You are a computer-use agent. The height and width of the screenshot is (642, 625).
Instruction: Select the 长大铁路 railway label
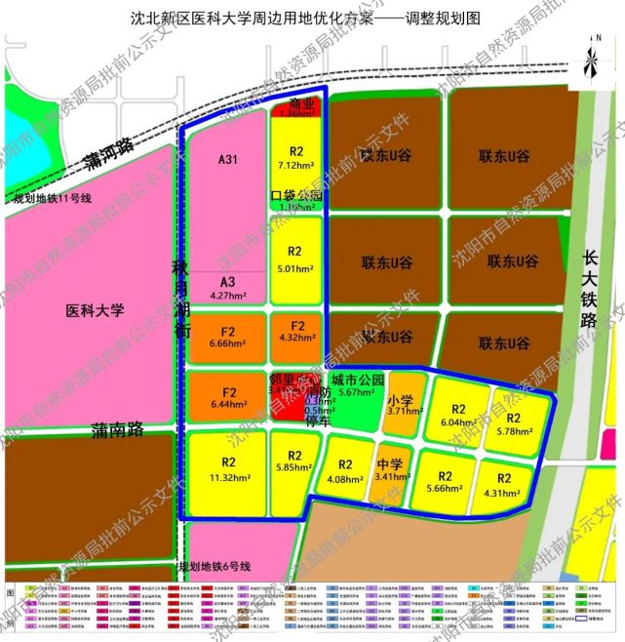[x=589, y=293]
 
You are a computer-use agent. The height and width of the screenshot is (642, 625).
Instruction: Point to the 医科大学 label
[x=96, y=311]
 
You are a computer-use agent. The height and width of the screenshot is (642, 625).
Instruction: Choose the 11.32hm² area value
[x=228, y=477]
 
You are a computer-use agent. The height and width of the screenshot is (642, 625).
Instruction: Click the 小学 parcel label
[x=401, y=400]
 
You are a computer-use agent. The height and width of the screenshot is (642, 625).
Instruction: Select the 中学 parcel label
[x=389, y=463]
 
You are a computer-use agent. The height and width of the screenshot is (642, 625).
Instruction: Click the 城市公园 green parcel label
[x=351, y=380]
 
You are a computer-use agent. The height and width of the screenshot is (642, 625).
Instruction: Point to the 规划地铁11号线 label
[x=52, y=199]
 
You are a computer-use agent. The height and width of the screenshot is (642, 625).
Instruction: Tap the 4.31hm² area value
[x=503, y=493]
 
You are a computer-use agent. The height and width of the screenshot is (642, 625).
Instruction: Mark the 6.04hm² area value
[x=456, y=422]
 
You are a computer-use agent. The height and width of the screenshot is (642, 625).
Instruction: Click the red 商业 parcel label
[x=296, y=103]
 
